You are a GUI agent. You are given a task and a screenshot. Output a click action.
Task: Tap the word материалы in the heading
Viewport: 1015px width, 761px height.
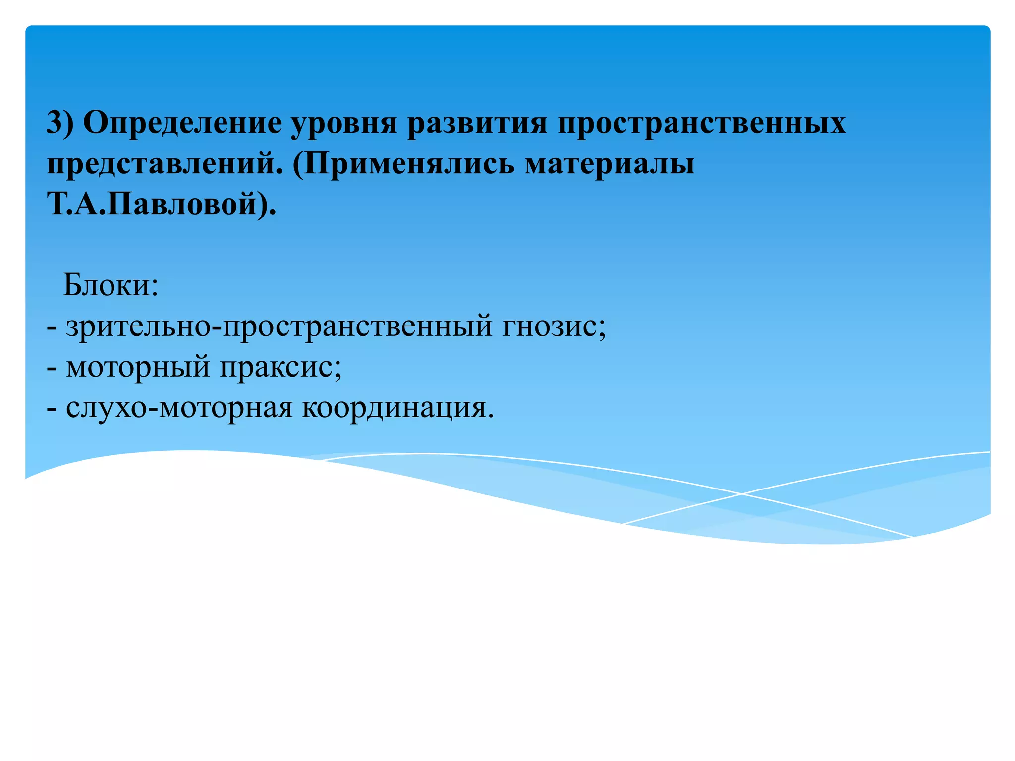[610, 164]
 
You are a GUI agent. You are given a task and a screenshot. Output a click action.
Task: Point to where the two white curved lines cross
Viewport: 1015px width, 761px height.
[741, 493]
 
